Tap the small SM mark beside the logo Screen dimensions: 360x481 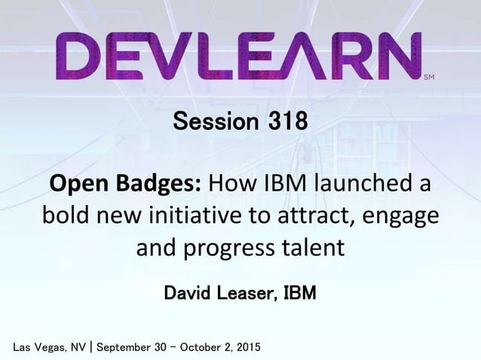[x=429, y=77]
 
